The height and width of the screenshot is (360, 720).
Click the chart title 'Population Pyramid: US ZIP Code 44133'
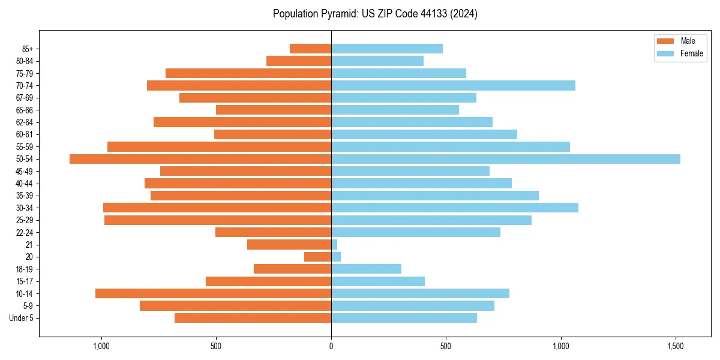375,14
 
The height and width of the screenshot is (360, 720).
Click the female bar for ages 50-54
505,159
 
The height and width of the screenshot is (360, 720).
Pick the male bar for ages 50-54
200,159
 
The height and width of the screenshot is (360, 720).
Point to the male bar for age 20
318,257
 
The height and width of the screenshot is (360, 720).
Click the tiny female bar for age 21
334,245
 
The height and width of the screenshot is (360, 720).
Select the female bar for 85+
387,49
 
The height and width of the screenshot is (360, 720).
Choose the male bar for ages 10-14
213,293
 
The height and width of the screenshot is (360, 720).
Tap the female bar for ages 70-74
453,85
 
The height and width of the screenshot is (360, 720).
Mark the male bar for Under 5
253,318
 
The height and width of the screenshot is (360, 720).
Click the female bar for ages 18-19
366,269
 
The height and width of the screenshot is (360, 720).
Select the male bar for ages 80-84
299,61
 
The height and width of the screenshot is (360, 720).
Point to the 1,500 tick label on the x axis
676,346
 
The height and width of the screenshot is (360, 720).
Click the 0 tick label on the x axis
331,346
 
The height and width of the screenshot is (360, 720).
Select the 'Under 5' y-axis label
21,318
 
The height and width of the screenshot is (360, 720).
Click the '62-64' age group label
25,122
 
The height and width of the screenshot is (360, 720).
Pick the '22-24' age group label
25,232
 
